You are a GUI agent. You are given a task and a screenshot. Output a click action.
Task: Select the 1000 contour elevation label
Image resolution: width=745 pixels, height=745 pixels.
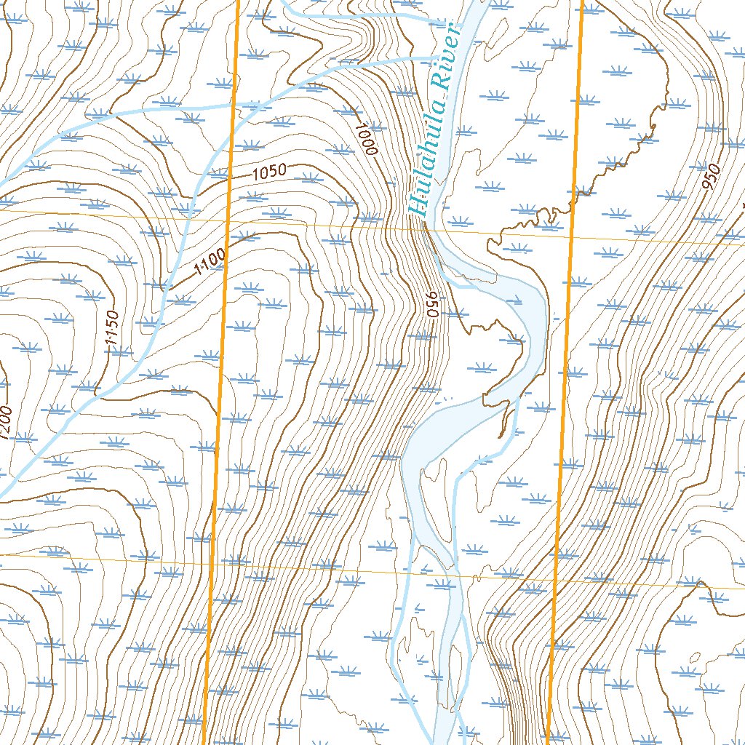366,139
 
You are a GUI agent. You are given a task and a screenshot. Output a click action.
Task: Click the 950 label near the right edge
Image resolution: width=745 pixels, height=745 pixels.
711,178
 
